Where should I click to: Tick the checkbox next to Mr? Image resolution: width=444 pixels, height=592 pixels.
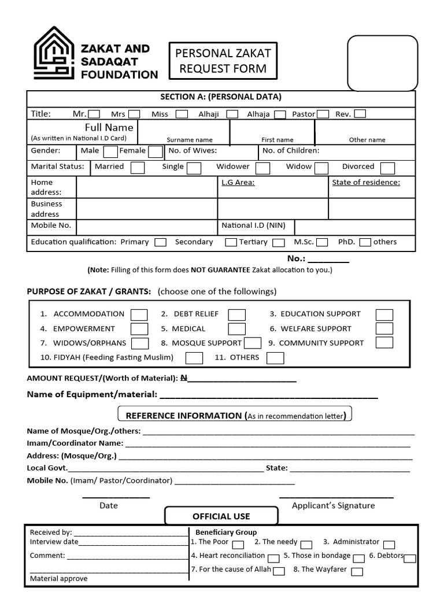(94, 114)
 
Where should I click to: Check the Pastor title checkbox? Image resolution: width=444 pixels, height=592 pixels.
(323, 114)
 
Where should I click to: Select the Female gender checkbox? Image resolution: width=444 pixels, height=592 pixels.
(155, 152)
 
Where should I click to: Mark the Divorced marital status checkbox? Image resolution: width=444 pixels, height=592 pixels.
(387, 168)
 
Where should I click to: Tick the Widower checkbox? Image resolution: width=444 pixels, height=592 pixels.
(262, 168)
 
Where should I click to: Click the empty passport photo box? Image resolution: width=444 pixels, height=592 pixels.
(382, 64)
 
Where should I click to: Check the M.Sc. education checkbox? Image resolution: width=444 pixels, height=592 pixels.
(322, 242)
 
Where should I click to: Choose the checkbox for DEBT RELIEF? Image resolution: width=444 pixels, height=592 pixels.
(236, 314)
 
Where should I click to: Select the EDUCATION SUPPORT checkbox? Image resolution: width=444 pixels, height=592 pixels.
(384, 314)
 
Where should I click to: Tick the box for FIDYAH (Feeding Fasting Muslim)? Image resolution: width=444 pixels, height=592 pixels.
(194, 358)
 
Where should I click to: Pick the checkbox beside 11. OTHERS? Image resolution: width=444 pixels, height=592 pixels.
(275, 358)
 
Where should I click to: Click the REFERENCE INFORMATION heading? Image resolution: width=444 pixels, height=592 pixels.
(235, 415)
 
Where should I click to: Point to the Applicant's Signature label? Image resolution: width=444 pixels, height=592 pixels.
(333, 505)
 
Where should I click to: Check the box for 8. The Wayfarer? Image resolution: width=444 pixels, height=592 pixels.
(357, 571)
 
